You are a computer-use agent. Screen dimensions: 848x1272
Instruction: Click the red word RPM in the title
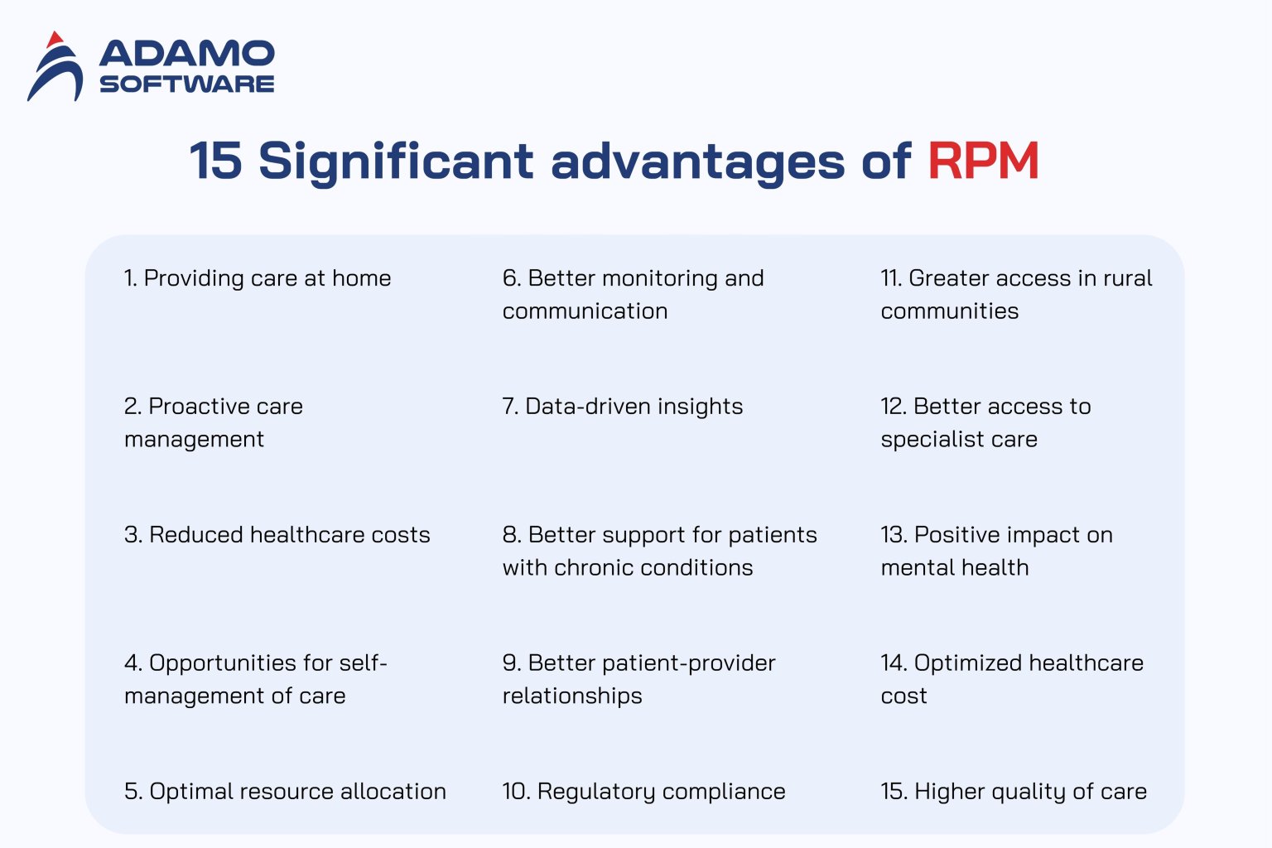coord(983,161)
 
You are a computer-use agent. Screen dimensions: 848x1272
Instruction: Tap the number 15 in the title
coord(215,161)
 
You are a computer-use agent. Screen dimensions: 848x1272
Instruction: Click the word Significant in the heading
coord(396,162)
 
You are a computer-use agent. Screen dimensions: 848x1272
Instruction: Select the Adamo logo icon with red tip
coord(55,68)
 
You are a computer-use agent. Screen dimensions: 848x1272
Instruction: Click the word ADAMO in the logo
coord(187,55)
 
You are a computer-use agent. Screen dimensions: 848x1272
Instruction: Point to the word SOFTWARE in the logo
coord(187,84)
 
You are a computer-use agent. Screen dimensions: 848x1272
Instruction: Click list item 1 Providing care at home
coord(258,278)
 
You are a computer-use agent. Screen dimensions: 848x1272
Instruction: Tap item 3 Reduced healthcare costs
coord(277,535)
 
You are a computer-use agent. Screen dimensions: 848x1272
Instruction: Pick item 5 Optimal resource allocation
coord(285,792)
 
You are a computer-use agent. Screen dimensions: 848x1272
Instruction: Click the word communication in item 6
coord(585,311)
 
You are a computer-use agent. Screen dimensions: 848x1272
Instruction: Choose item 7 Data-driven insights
coord(623,407)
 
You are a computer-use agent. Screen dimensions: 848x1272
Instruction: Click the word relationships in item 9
coord(572,696)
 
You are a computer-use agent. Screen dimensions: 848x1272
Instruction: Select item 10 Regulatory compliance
coord(643,792)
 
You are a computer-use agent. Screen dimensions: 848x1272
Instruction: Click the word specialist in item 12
coord(932,440)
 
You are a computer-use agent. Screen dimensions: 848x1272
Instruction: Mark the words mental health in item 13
coord(955,568)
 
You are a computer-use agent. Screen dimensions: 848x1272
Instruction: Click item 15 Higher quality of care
coord(1014,792)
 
